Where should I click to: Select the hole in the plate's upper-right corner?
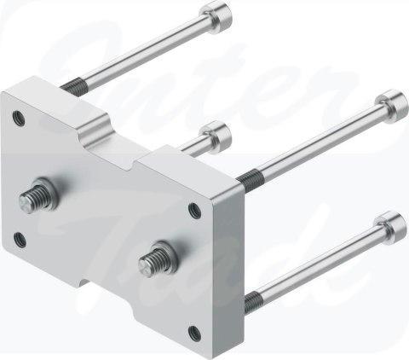click(199, 208)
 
